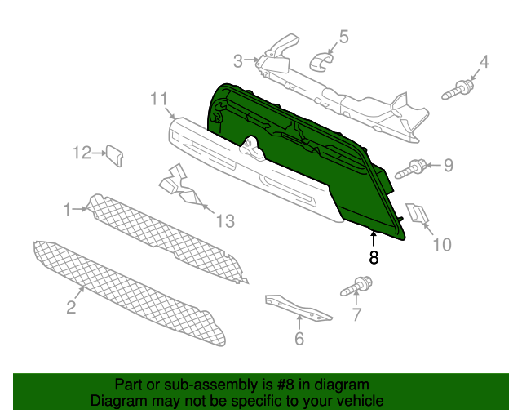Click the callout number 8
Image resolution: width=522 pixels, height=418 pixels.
[374, 258]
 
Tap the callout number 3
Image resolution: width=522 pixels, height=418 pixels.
[238, 60]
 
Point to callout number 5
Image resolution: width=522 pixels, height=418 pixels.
[343, 37]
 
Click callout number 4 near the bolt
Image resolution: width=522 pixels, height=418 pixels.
[484, 61]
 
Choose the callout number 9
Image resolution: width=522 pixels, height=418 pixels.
[448, 166]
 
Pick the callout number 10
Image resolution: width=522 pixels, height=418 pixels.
[441, 243]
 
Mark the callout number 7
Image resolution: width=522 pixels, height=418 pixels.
[356, 315]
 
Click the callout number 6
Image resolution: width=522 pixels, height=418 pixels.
[299, 338]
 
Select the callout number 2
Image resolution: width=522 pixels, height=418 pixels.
[71, 307]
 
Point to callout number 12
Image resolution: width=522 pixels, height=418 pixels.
[82, 152]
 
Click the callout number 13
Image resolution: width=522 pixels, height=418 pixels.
[224, 220]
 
